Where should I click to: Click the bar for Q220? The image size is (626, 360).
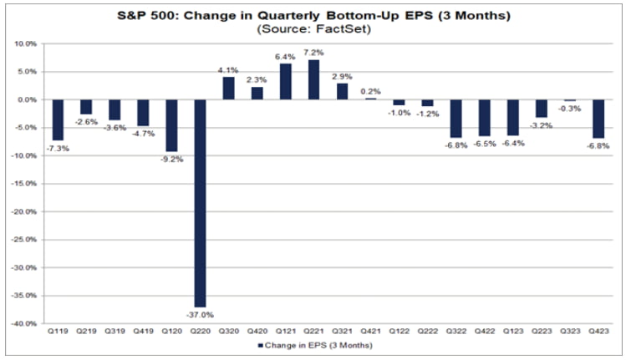pos(200,203)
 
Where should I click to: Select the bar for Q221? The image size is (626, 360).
pos(313,79)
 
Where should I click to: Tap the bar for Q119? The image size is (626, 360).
pos(58,119)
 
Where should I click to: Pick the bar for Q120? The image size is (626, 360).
pos(171,125)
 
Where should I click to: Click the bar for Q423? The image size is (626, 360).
pos(598,119)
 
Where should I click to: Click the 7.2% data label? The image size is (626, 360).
pos(314,52)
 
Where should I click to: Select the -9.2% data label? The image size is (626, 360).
pos(171,159)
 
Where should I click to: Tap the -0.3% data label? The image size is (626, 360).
pos(569,108)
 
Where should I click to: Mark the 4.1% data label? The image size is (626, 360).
pos(228,69)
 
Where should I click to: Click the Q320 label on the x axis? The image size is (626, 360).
pos(228,332)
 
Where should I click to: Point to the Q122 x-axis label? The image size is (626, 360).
pos(399,332)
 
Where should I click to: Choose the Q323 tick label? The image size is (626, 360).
pos(569,332)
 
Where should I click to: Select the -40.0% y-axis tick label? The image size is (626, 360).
pos(25,324)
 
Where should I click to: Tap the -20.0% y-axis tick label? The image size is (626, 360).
pos(25,212)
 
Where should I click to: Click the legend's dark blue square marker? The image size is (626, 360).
pos(260,344)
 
